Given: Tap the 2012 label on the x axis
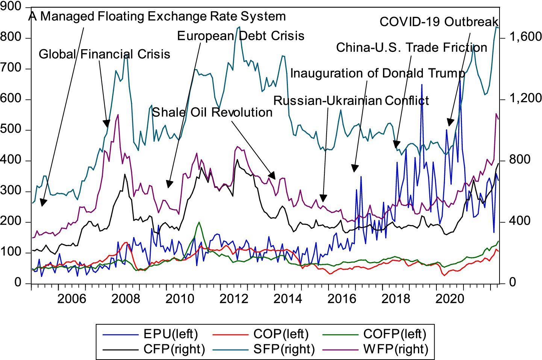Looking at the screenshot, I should coord(234,299).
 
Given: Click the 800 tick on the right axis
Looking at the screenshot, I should coord(520,160).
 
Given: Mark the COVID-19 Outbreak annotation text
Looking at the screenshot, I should coord(439,22).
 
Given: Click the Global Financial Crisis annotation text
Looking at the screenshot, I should coord(104,54).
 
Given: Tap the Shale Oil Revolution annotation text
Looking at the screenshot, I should coord(212,112).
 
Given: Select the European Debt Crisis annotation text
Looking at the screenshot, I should coord(241,36).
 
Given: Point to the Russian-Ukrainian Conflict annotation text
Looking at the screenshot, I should coord(351,101).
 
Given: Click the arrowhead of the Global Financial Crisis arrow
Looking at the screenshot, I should coord(107,124).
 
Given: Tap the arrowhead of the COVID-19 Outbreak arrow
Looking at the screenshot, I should coord(450,123).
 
